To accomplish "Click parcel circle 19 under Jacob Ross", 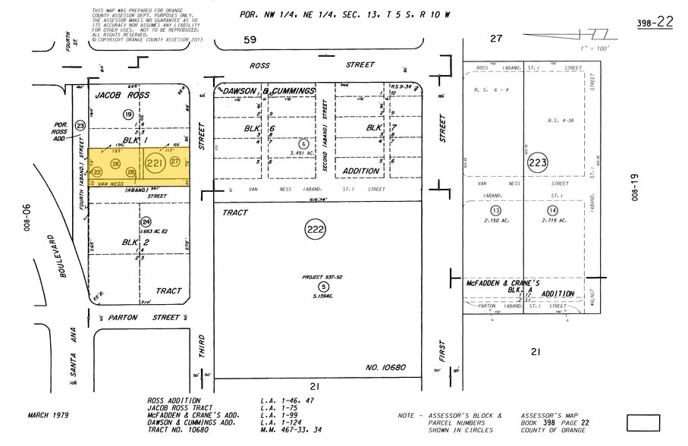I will (128, 114).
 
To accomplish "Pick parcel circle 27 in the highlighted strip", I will (175, 162).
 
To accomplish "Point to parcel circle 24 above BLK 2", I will (146, 221).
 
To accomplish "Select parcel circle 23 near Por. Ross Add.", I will (80, 125).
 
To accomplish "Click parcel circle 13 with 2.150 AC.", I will (496, 210).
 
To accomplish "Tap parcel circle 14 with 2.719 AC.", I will (552, 210).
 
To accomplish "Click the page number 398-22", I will (655, 22).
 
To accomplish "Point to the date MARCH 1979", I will (49, 415).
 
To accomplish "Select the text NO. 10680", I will (385, 367).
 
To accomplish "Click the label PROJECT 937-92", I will (323, 277).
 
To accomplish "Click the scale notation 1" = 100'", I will (591, 49).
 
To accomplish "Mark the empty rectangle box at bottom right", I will (643, 422).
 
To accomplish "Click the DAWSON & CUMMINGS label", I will (269, 91).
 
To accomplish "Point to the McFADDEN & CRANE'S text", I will (501, 282).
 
